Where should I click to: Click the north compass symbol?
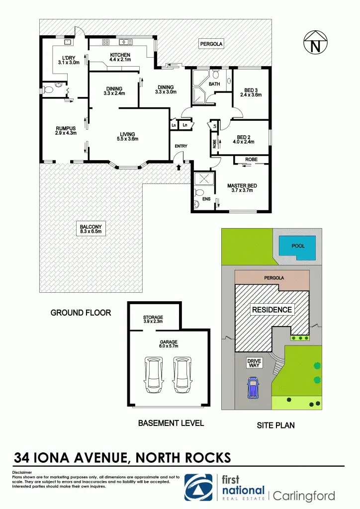[x=315, y=44]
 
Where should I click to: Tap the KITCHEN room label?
[x=120, y=57]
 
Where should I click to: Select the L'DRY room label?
[x=69, y=60]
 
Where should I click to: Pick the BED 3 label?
[x=251, y=92]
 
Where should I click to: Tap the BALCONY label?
[x=90, y=229]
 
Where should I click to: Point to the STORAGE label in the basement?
[x=153, y=319]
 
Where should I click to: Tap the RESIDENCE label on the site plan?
[x=271, y=310]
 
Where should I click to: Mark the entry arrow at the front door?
[x=179, y=168]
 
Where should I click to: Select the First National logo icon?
[x=200, y=487]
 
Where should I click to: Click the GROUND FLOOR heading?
[x=81, y=313]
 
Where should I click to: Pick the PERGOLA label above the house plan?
[x=211, y=44]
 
